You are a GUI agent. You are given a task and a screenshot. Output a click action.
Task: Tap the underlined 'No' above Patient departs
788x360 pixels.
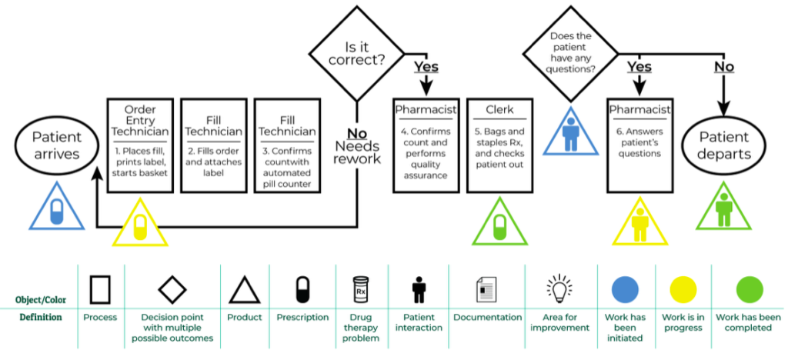pyautogui.click(x=723, y=67)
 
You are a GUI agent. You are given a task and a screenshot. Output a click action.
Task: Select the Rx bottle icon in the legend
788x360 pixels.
pyautogui.click(x=361, y=289)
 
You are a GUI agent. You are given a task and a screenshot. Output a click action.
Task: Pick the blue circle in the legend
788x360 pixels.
pyautogui.click(x=625, y=289)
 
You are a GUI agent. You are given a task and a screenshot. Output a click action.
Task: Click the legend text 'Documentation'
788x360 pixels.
pyautogui.click(x=488, y=317)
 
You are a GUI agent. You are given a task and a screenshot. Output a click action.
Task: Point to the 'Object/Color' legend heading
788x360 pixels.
pyautogui.click(x=39, y=299)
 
